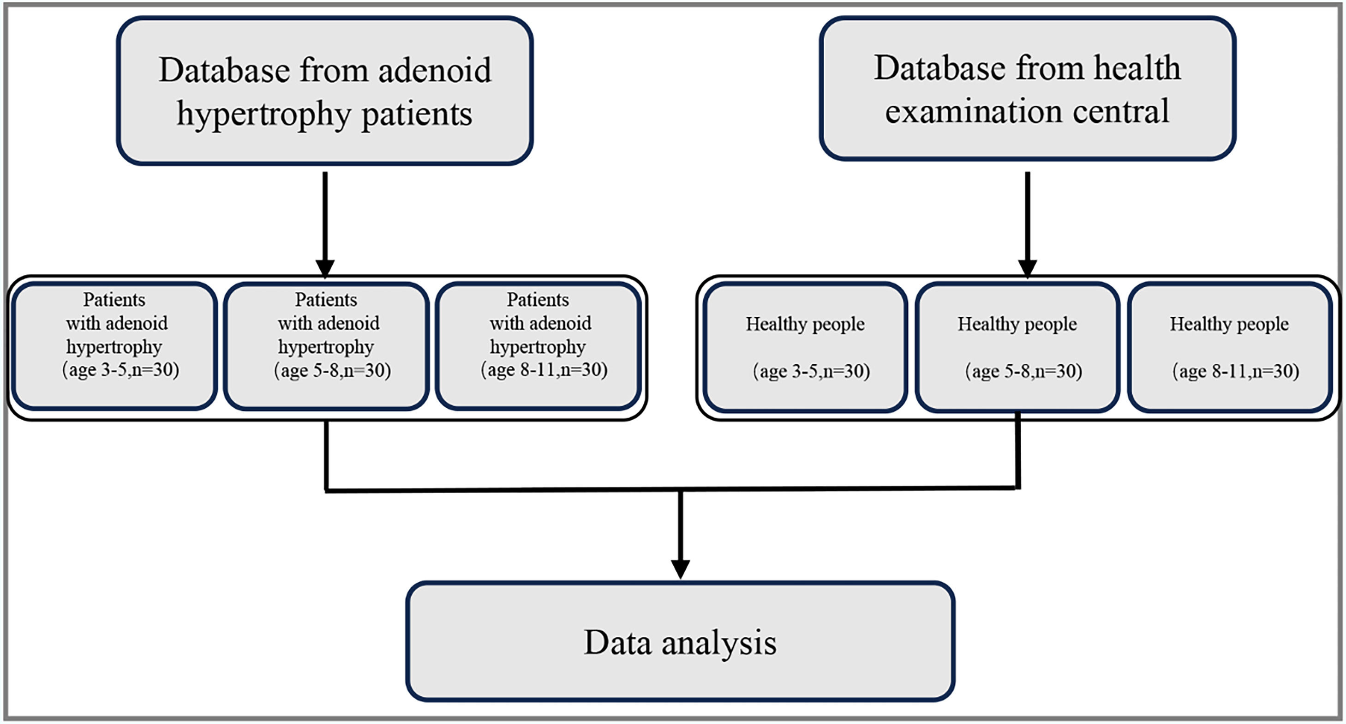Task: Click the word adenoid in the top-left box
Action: click(434, 71)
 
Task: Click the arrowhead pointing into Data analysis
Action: click(680, 569)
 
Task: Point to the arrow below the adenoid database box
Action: click(325, 219)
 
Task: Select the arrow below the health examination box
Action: click(1027, 219)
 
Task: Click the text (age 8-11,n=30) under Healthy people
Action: click(1235, 372)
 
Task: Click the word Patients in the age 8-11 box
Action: click(538, 300)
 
